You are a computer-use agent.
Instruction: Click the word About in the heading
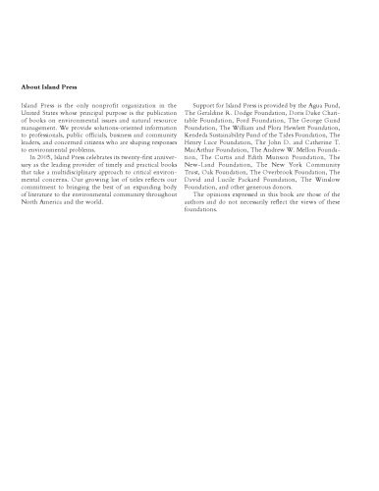pyautogui.click(x=30, y=86)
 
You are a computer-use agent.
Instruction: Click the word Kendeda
pyautogui.click(x=212, y=138)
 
